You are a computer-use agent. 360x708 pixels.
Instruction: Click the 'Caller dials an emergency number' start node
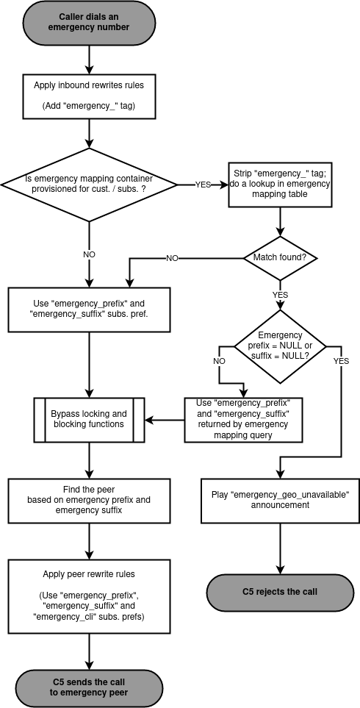click(88, 22)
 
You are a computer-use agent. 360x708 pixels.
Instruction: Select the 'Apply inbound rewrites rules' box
click(89, 96)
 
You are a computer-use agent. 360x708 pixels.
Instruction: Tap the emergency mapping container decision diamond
click(89, 184)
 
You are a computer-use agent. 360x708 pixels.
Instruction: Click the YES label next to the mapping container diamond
click(204, 184)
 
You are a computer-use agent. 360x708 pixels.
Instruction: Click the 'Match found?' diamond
click(279, 258)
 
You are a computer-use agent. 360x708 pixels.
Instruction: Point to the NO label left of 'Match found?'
click(172, 258)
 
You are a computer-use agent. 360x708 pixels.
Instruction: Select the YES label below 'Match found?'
click(280, 294)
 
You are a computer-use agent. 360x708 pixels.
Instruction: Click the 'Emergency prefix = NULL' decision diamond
click(280, 346)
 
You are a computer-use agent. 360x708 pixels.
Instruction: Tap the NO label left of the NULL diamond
click(219, 361)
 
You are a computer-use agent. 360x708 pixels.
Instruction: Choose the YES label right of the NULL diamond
click(341, 361)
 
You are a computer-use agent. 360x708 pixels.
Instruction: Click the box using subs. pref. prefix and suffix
click(89, 309)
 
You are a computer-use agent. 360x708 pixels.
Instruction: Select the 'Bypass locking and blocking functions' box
click(89, 419)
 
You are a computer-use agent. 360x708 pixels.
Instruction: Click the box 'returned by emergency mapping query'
click(243, 419)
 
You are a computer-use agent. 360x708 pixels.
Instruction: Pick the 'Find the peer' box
click(89, 500)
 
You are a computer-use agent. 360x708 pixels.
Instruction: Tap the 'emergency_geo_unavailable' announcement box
click(280, 500)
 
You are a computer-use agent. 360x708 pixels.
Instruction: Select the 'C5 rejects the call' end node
click(280, 592)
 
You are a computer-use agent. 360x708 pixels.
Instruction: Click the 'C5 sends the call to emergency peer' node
click(88, 687)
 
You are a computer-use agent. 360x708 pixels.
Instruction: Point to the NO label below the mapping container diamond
click(89, 254)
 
